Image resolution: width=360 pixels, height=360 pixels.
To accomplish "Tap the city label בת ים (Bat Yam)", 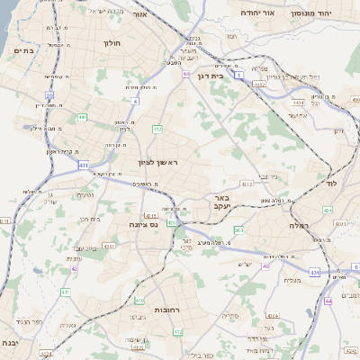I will pos(23,51).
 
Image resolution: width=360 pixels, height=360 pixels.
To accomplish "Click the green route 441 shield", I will pos(82,117).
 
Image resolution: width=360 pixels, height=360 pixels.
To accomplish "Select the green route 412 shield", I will pos(157,129).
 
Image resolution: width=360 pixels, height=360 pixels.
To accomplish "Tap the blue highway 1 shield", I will pos(238,76).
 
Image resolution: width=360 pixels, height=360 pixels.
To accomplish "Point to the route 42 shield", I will pos(75,268).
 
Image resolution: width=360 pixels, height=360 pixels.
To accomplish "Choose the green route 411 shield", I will pos(65,292).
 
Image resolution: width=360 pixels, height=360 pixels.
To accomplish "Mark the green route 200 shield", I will pos(238,230).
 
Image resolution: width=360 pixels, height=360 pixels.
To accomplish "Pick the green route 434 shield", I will pos(327,209).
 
